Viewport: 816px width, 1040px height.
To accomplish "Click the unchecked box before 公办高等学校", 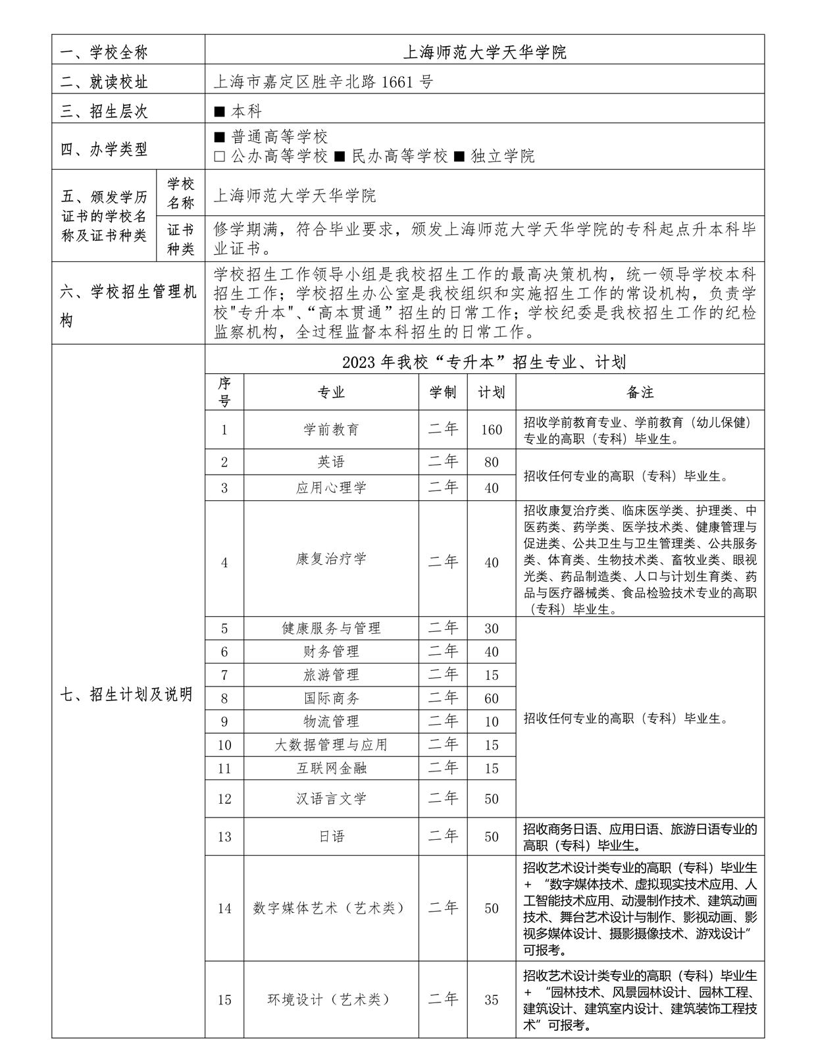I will pos(220,156).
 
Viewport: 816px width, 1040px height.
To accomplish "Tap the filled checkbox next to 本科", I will pos(220,111).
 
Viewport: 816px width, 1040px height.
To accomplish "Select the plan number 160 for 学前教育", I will pos(491,430).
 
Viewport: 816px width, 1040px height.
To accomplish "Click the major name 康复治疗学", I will pos(331,559).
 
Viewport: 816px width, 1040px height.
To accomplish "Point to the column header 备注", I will pos(640,392).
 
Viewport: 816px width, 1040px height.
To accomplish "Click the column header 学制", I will pos(443,392).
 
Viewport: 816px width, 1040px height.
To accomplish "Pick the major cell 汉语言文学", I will pos(331,799).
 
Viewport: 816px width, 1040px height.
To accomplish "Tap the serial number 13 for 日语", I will pos(224,837).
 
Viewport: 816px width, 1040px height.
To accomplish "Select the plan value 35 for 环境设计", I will pos(491,1000).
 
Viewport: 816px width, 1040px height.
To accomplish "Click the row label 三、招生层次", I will pos(105,111).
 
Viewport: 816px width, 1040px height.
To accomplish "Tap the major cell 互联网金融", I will pos(331,768).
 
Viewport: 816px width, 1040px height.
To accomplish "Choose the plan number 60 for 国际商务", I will pos(491,698).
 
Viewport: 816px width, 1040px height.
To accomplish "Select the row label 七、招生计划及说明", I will pos(126,694).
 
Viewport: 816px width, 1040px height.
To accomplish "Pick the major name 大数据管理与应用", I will pos(331,745).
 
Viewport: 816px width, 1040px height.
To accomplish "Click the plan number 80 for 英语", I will pos(491,462).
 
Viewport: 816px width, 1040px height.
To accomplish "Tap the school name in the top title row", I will pos(484,52).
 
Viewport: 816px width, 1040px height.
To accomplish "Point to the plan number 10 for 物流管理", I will pos(491,722).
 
